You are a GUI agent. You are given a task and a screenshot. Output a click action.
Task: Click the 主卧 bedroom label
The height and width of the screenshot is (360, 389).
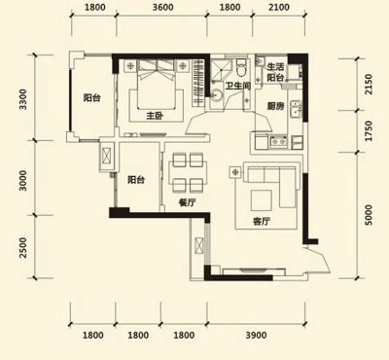(x=155, y=116)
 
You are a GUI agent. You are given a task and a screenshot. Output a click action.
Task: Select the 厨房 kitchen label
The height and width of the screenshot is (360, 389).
(x=275, y=106)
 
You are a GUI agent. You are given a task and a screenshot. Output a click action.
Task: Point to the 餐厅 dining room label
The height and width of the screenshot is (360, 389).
(x=188, y=202)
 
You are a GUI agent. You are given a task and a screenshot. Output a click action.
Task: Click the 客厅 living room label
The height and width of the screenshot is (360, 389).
(x=262, y=222)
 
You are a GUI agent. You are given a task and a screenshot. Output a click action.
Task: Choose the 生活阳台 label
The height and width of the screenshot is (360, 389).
(x=275, y=72)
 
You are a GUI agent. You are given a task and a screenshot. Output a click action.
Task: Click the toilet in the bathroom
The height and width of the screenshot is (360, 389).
(x=241, y=66)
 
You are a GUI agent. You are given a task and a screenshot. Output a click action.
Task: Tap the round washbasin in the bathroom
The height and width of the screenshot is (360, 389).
(x=217, y=96)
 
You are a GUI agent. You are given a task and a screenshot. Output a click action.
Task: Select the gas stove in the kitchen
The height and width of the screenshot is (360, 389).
(x=278, y=141)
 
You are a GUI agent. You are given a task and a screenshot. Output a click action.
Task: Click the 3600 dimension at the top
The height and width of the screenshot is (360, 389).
(x=162, y=7)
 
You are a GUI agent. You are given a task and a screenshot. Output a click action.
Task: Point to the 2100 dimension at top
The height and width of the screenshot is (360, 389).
(x=279, y=7)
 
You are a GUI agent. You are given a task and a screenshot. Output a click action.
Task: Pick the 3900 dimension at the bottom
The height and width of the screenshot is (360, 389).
(x=256, y=335)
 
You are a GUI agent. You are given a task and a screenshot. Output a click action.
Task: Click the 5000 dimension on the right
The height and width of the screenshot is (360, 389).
(x=369, y=215)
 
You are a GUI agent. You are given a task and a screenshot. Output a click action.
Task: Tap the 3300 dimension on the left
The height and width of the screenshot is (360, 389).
(x=23, y=99)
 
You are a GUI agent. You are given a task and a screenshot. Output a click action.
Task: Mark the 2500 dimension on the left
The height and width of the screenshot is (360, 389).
(x=23, y=247)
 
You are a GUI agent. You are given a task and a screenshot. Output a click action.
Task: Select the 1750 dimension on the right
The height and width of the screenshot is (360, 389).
(x=369, y=131)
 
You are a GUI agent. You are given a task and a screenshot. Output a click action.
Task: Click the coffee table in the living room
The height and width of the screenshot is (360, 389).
(x=262, y=200)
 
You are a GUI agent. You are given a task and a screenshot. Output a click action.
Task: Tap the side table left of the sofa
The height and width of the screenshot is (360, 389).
(x=235, y=172)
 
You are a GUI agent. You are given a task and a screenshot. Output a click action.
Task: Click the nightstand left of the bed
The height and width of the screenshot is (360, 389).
(x=130, y=66)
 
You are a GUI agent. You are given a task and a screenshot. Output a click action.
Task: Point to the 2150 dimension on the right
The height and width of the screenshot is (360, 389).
(x=369, y=85)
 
